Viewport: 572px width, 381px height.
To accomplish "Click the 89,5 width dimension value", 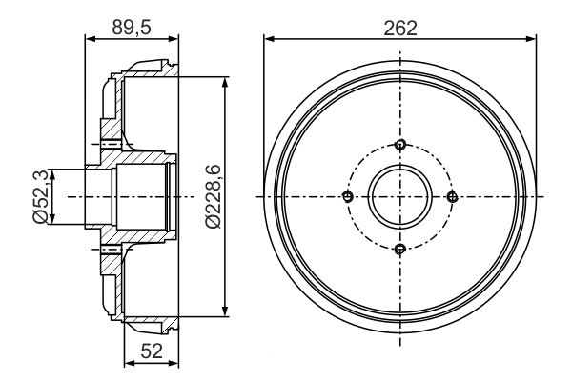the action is pos(132,28).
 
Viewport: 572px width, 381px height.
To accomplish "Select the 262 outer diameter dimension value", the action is pos(400,28).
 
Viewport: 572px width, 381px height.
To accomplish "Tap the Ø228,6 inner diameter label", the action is pos(213,196).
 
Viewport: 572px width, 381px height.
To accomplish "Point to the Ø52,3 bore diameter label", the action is pos(40,196).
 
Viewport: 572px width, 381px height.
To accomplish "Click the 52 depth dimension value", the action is pos(152,351).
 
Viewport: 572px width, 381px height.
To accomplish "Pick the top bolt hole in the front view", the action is pos(400,145).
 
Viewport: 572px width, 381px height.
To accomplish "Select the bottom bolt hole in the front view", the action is pos(400,249).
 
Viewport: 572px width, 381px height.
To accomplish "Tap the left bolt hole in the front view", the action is pos(348,197).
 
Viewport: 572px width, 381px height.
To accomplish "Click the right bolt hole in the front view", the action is pos(452,197).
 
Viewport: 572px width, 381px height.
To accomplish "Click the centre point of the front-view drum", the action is pos(400,197).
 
